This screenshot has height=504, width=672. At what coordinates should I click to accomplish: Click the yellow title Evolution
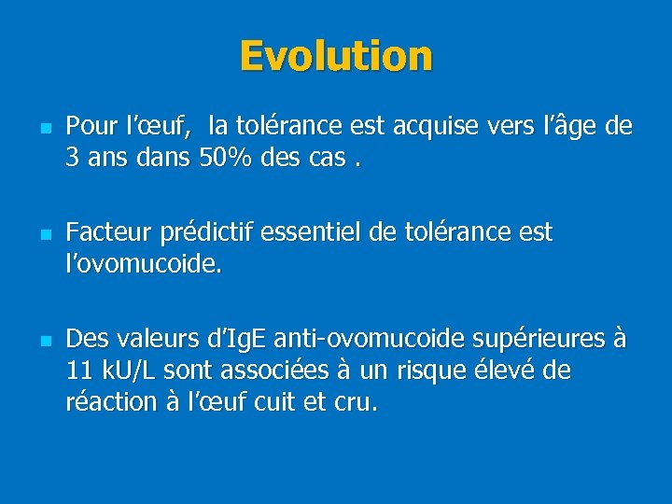pyautogui.click(x=336, y=56)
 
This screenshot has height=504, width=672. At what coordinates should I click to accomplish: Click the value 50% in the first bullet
pyautogui.click(x=222, y=158)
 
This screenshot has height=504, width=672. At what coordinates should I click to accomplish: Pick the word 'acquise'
pyautogui.click(x=442, y=125)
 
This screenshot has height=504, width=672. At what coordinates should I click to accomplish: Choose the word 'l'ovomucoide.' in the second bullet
pyautogui.click(x=145, y=264)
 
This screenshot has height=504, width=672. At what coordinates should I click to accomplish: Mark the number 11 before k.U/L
pyautogui.click(x=79, y=371)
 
